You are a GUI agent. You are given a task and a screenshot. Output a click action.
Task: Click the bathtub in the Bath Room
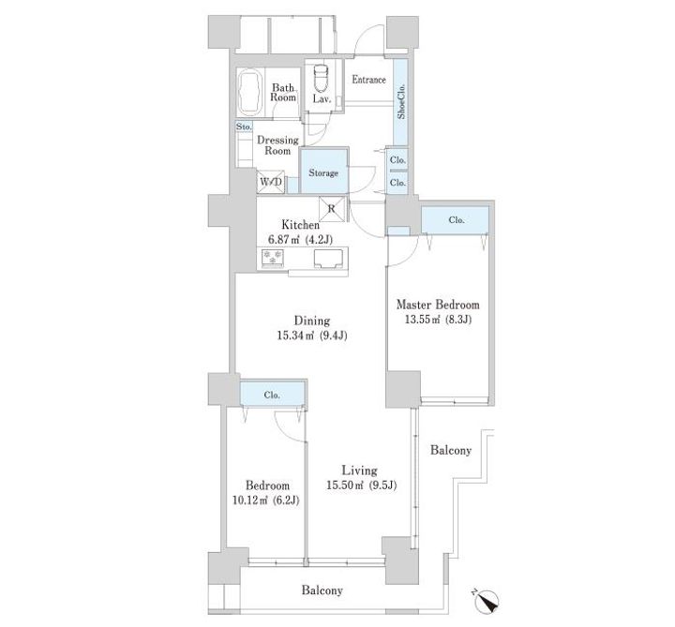coord(250,93)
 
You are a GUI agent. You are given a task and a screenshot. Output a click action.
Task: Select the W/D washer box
coord(271,182)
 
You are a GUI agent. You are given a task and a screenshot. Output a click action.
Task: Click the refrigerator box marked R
coord(332,209)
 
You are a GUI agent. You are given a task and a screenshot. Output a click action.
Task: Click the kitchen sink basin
coord(328,258)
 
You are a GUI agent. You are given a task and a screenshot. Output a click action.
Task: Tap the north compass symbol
coord(487,601)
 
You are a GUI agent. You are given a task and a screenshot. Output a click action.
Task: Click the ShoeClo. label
coord(401,100)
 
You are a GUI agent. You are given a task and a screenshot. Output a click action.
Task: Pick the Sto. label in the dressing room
coord(244,127)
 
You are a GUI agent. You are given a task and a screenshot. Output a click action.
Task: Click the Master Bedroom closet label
coord(457,220)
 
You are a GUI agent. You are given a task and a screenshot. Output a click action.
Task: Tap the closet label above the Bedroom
coord(272,395)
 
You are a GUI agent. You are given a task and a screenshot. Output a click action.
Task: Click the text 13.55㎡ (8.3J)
coord(438,320)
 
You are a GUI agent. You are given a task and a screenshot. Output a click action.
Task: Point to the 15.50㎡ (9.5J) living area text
coord(361,485)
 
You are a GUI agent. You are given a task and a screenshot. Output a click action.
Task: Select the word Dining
coord(312,321)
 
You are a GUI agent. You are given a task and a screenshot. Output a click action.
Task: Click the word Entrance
coord(369,80)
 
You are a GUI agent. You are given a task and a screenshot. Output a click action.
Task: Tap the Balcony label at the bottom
coord(322,590)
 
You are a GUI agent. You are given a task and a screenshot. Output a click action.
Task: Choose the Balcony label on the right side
coord(451,450)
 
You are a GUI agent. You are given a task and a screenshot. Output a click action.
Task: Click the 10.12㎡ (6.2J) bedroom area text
coord(265,500)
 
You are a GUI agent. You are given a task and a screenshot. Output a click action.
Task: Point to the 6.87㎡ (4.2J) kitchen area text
coord(300,239)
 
